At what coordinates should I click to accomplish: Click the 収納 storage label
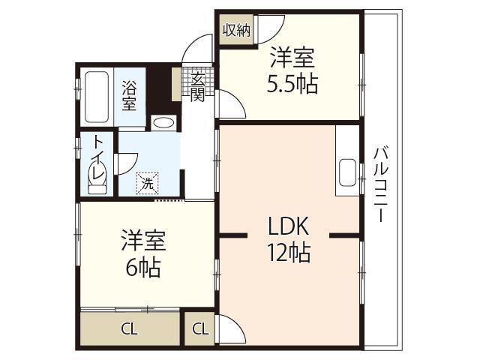pos(235,31)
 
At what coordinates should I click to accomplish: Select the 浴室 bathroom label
pos(130,95)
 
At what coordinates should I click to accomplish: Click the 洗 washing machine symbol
pos(148,182)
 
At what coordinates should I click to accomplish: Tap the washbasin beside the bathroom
pos(163,124)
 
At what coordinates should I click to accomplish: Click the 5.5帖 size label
pos(292,83)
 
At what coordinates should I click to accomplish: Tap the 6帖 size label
pos(142,267)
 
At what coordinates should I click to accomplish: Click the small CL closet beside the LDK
pos(199,328)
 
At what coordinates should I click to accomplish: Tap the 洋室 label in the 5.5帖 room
pos(292,57)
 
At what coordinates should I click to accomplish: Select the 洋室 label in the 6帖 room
pos(142,241)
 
